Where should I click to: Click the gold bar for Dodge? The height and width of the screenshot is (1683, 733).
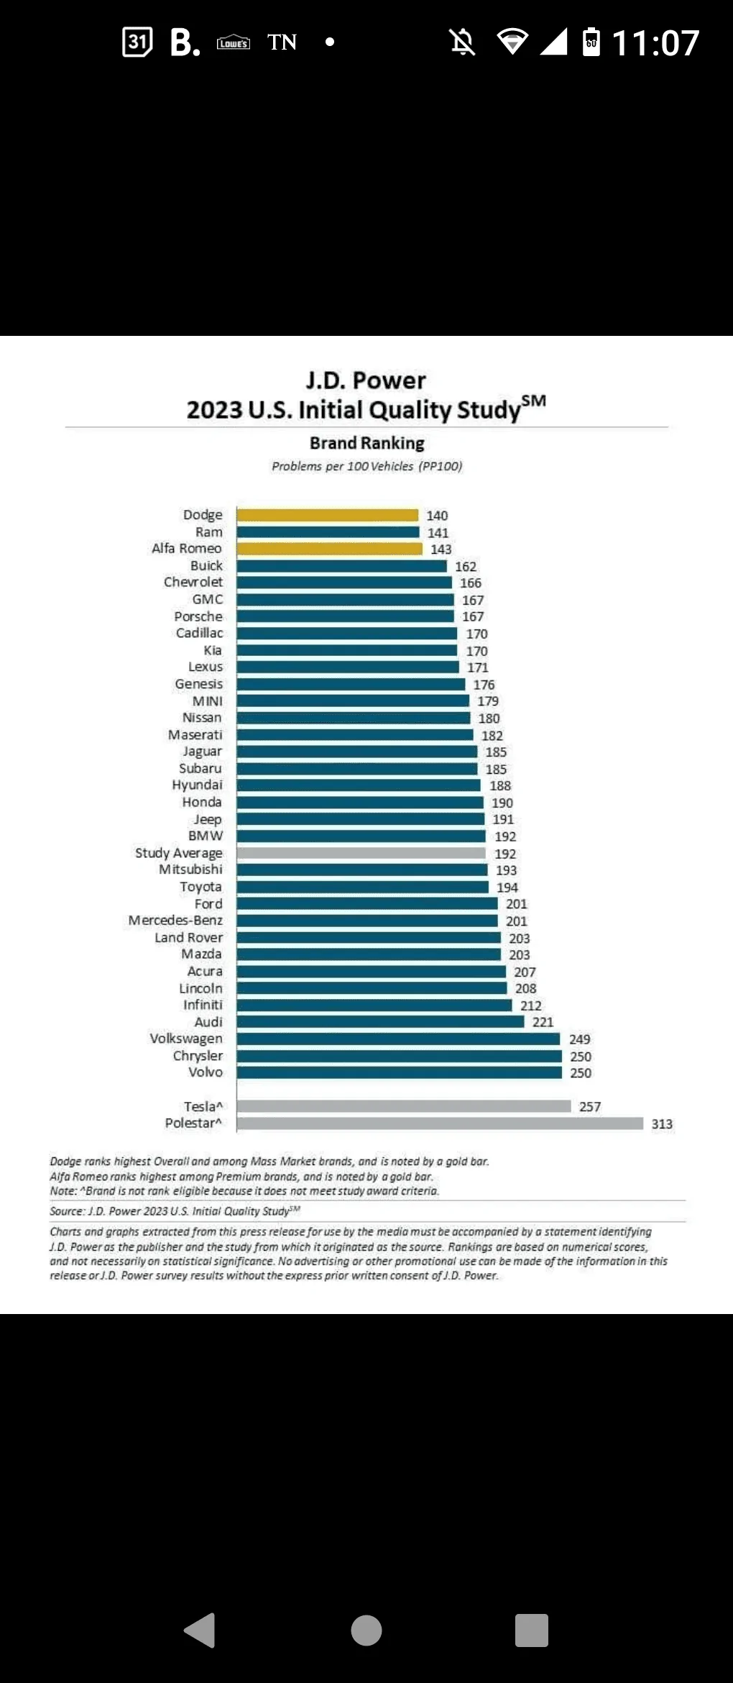point(328,515)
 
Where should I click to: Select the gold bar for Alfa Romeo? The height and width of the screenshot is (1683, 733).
point(329,549)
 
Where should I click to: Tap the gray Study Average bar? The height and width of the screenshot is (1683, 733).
point(361,853)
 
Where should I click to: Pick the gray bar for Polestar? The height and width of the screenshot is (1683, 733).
point(440,1123)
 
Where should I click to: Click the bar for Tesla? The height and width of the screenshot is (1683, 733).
point(404,1106)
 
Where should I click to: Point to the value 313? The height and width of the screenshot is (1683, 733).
point(662,1124)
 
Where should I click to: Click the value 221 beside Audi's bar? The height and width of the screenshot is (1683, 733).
point(543,1022)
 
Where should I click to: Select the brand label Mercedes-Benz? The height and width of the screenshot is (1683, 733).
point(175,921)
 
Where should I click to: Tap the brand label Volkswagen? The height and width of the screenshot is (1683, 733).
point(186,1039)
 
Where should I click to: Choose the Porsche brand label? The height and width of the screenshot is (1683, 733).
point(198,616)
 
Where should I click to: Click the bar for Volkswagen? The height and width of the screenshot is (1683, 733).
point(398,1039)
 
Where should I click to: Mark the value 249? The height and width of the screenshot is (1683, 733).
point(579,1039)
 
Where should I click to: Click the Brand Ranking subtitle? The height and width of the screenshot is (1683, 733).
point(367,443)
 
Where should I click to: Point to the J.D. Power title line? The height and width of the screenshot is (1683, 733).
point(366,380)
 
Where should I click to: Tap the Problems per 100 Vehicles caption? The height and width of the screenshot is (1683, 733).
point(366,466)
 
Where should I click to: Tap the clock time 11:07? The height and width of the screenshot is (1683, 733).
point(655,43)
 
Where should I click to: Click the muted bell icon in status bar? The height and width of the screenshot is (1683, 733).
point(462,42)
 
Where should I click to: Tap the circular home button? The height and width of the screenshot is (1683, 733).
point(366,1630)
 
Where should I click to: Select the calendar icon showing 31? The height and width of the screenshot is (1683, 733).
point(137,42)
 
